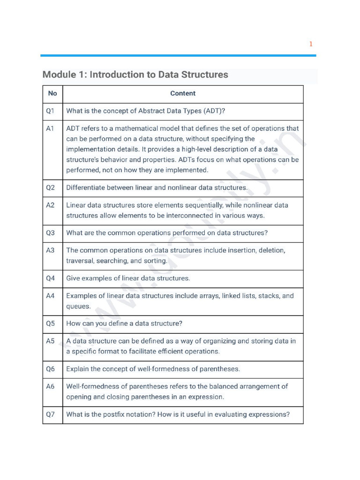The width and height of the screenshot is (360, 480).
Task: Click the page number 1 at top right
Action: pos(310,44)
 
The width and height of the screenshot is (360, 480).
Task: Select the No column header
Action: pos(52,93)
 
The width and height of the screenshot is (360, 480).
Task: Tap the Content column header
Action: pos(183,93)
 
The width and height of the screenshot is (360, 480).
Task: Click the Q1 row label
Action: pos(51,111)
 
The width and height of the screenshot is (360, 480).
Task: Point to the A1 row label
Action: pos(51,128)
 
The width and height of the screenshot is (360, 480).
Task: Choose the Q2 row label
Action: pos(51,187)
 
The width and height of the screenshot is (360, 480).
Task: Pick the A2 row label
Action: pos(51,205)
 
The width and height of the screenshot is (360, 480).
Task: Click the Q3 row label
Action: pos(51,233)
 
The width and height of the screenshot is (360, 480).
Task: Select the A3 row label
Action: pos(51,250)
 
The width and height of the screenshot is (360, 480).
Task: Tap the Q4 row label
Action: pos(51,278)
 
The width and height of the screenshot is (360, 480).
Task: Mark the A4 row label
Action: pos(51,296)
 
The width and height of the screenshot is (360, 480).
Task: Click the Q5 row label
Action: pos(51,323)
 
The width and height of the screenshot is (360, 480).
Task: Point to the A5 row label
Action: pos(51,341)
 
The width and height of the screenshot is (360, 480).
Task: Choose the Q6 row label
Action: pos(51,369)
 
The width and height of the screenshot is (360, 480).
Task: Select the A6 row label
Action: pos(51,386)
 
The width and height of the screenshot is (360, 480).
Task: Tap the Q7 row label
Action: pos(51,414)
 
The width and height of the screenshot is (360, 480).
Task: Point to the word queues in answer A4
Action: pos(78,307)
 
